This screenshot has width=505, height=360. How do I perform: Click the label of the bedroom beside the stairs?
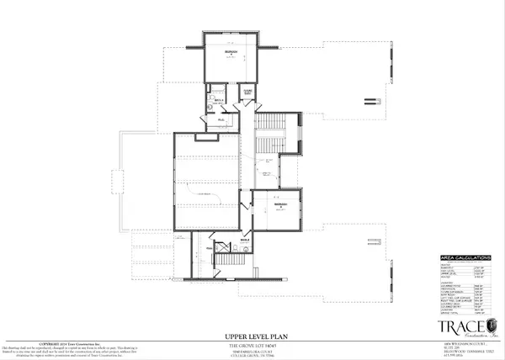coord(281,205)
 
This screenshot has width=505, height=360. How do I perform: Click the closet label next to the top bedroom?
coord(248,92)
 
